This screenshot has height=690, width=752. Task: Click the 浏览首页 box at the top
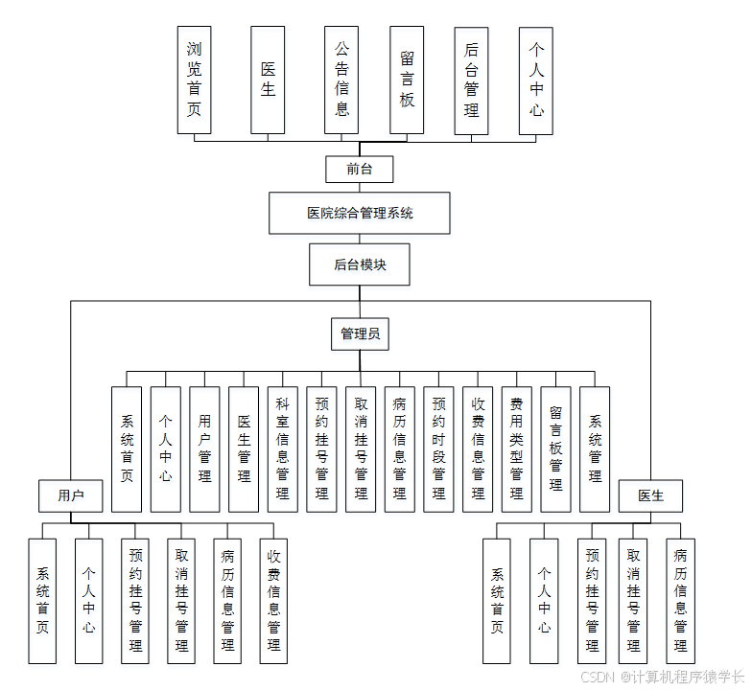point(194,80)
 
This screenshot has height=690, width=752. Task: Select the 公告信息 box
point(341,80)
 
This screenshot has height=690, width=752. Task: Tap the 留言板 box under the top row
point(407,80)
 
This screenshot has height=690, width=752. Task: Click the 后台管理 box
point(471,80)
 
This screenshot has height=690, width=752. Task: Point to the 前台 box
point(360,170)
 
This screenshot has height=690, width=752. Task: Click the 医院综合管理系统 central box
point(360,213)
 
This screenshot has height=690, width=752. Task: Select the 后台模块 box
point(360,264)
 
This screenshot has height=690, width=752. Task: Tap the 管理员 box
point(360,333)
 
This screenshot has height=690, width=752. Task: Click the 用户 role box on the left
point(70,495)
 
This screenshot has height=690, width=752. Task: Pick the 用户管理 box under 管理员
point(204,448)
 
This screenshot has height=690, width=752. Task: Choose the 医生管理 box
point(244,448)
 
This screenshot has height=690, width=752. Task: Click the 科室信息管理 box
point(282,448)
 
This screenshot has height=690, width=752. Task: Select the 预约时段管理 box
point(438,448)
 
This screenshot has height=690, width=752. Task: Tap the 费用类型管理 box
point(516,448)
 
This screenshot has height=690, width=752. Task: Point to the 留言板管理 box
point(555,448)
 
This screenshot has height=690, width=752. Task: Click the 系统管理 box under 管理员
point(595,448)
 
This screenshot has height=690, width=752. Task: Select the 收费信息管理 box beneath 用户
point(273,601)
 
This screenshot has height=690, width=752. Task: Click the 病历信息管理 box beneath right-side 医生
point(680,601)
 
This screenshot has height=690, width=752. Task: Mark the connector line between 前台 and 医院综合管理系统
point(360,188)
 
